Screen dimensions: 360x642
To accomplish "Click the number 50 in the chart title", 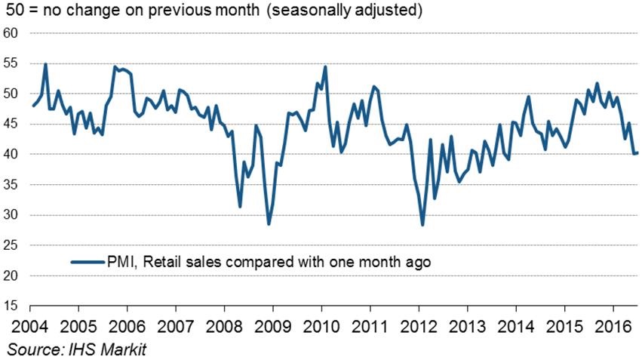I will [14, 12].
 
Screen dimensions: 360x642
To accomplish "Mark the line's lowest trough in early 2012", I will [422, 225].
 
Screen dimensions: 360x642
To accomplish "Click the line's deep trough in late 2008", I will [269, 224].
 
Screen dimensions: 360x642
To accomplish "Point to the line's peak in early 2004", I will [46, 64].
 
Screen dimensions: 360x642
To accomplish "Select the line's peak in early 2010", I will [325, 67].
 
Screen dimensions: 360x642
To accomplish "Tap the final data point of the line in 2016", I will [638, 153].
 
